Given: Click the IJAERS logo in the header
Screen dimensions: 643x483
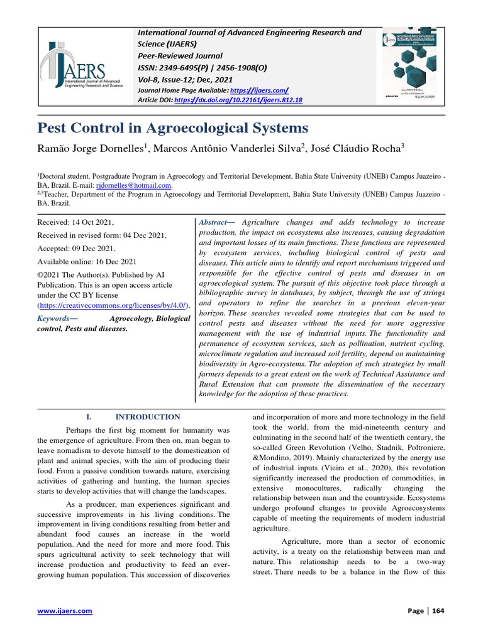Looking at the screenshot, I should coord(82,66).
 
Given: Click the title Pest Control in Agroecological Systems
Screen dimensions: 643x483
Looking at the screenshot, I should coord(173,128).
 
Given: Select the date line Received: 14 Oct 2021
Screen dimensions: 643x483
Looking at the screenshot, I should coord(75,223).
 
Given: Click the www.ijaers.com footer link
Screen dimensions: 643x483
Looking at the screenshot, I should coord(65,611).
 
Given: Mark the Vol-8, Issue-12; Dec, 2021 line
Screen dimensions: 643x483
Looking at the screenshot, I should coord(185,80).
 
